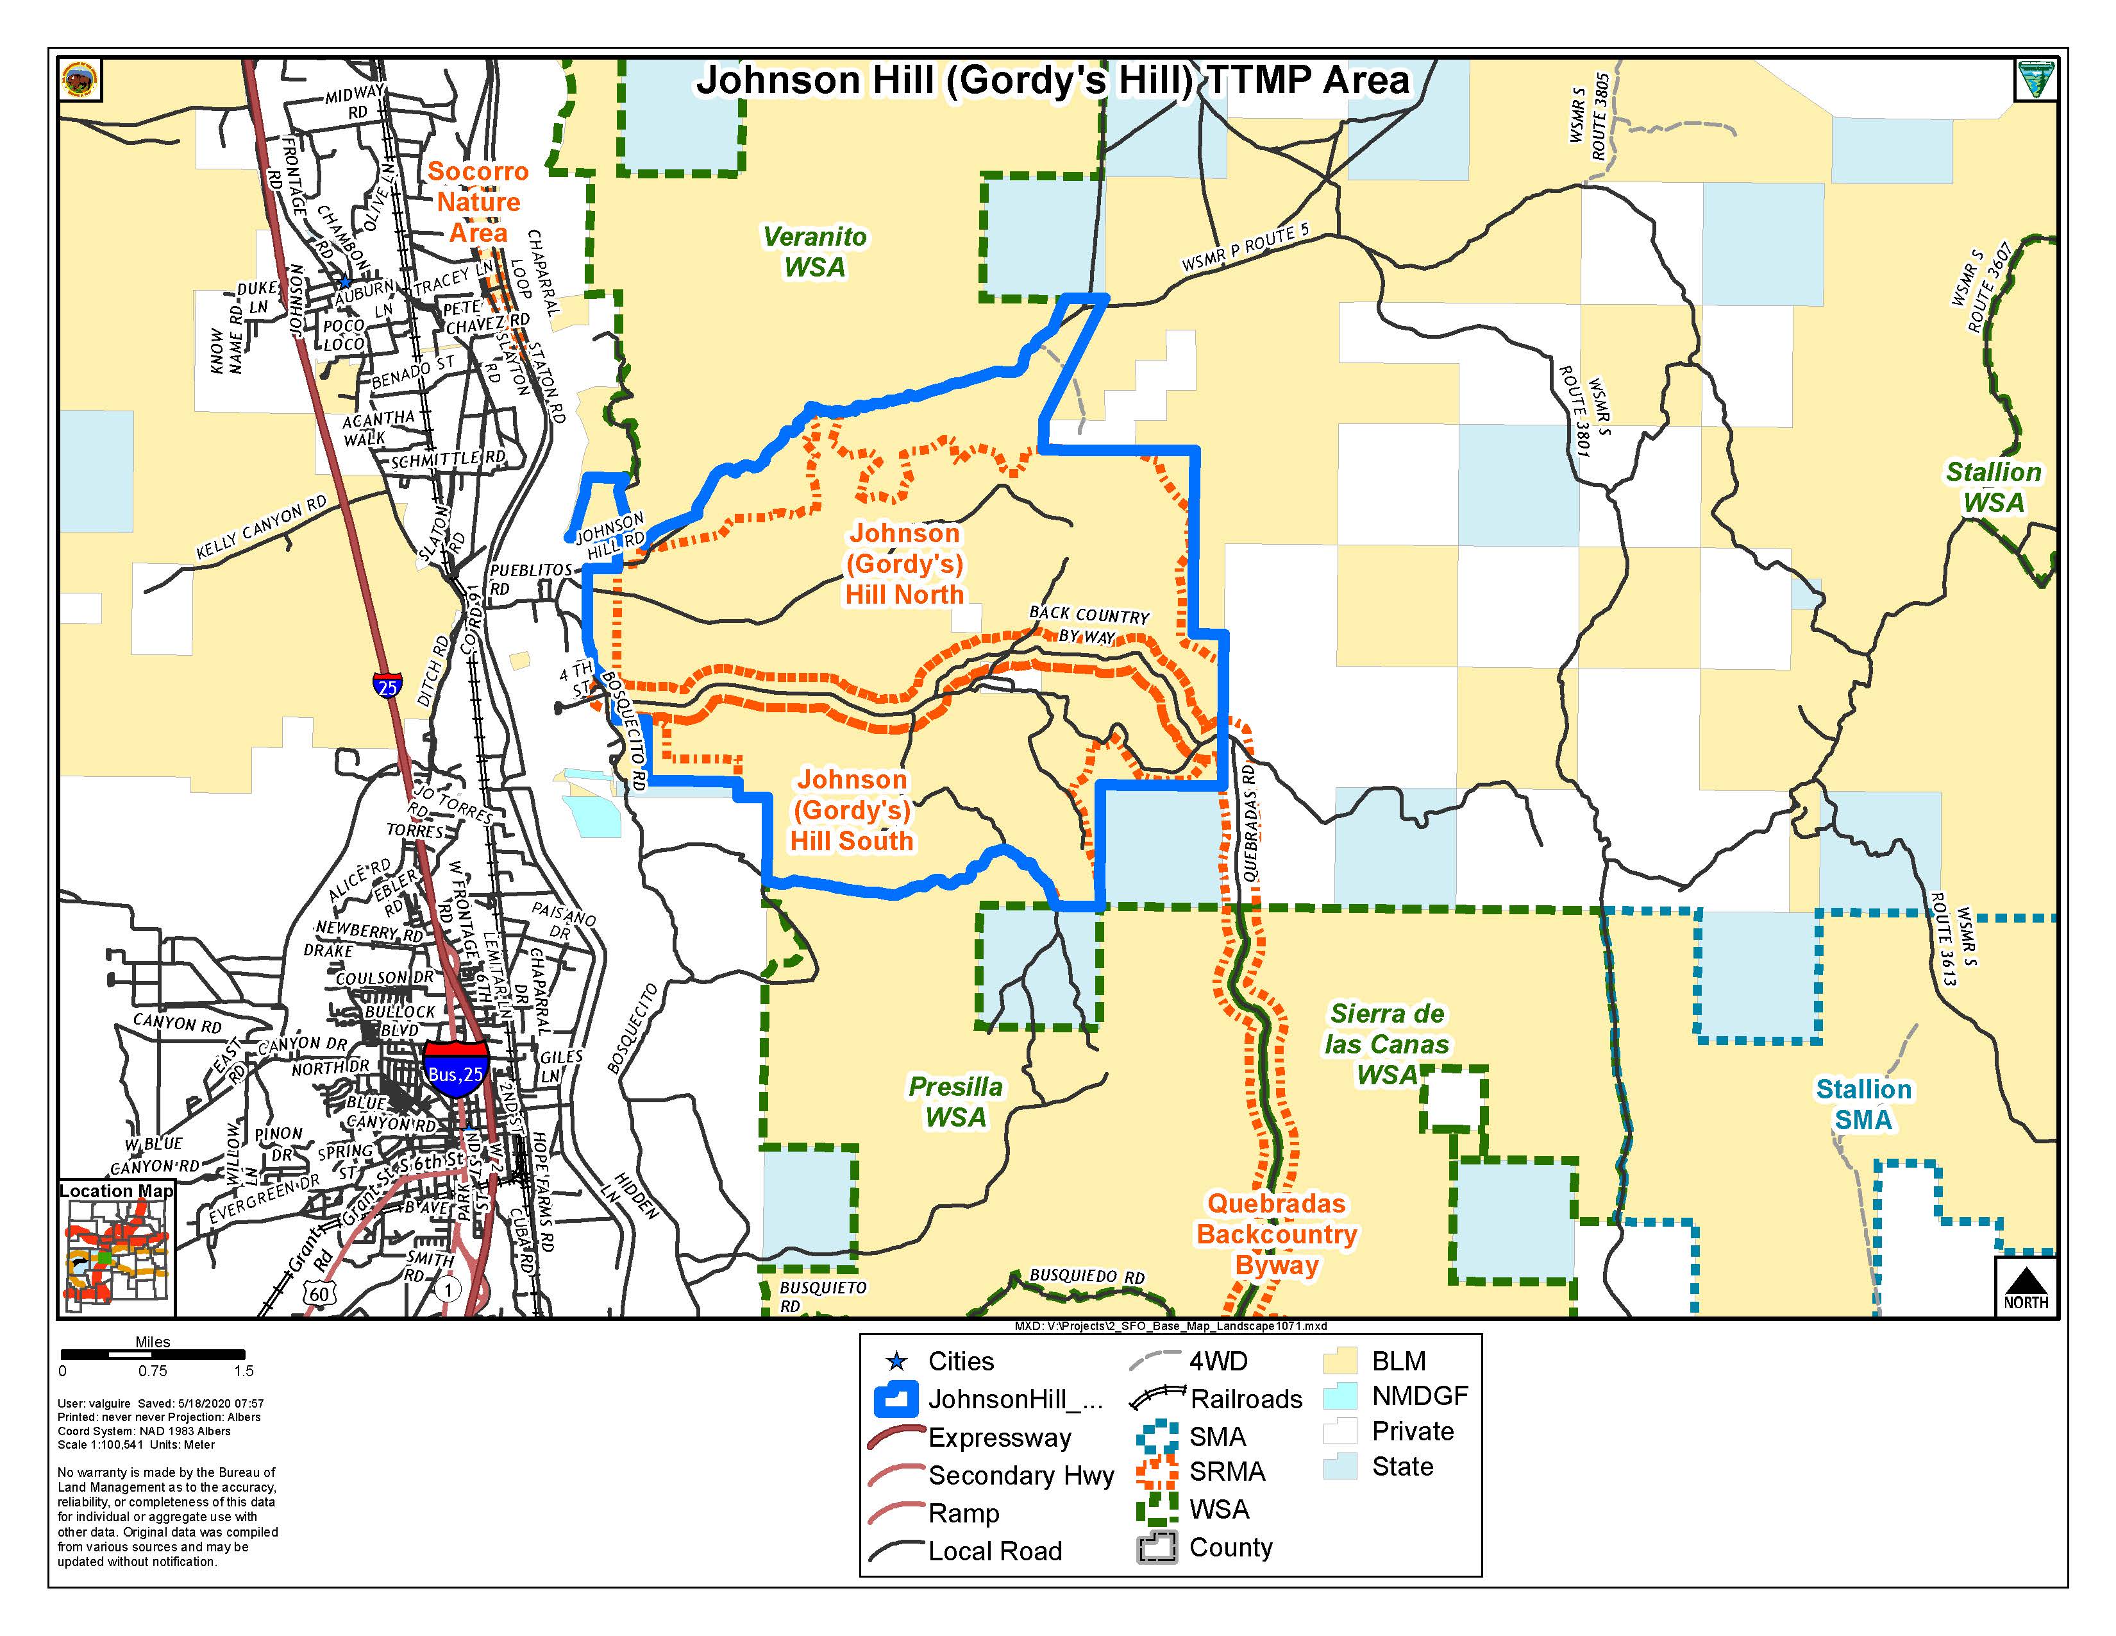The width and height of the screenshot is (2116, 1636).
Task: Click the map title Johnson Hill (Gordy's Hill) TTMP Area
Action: [1052, 80]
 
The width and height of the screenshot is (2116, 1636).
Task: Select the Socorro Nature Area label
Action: [478, 201]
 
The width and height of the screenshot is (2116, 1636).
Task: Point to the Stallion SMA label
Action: [1863, 1105]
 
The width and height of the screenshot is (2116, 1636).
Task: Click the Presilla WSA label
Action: [955, 1102]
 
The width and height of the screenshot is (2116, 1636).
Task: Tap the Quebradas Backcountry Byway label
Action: [1276, 1234]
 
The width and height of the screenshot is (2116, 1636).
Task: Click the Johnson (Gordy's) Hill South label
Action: [852, 810]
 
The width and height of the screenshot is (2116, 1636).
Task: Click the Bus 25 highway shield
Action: [455, 1070]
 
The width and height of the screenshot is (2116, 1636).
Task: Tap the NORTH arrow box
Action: [2026, 1286]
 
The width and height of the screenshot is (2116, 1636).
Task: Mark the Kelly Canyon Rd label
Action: [262, 528]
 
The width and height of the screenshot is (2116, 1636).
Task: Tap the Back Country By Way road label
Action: [1087, 625]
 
